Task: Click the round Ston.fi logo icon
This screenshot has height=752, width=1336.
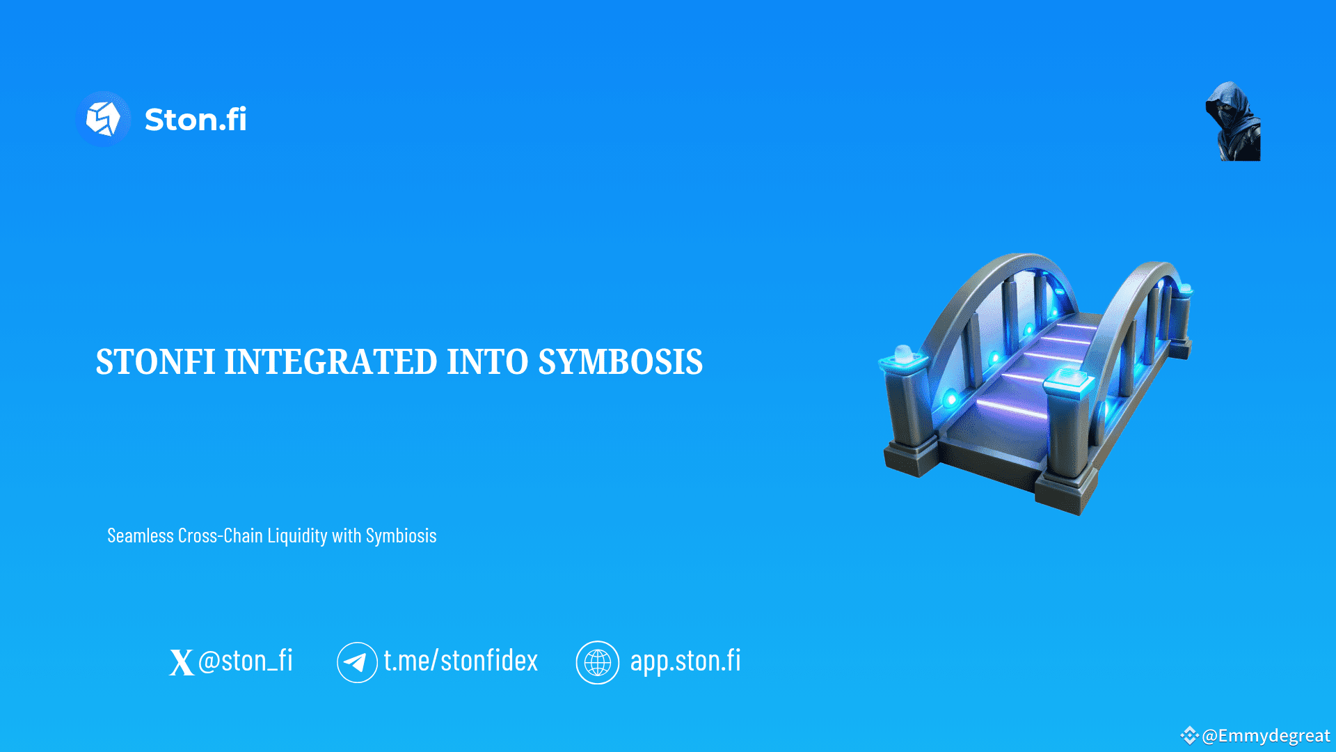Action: pos(103,119)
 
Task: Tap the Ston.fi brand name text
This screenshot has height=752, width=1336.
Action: pos(196,120)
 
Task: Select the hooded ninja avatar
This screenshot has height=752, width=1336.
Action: pos(1233,122)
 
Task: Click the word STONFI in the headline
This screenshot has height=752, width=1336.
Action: pos(155,362)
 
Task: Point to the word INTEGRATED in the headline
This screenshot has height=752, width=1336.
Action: pos(331,362)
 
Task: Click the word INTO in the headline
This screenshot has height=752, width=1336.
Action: pos(487,362)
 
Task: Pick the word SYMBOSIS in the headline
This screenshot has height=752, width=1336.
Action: pos(620,362)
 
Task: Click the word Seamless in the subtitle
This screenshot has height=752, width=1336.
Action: pos(141,535)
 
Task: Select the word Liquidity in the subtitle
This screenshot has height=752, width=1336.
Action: pos(297,536)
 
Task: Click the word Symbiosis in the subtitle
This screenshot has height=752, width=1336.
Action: pos(401,535)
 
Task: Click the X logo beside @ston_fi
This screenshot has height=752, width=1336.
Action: pos(181,662)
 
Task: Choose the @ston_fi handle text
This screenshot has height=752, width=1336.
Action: pos(246,661)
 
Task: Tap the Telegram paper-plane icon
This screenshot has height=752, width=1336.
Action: pos(357,662)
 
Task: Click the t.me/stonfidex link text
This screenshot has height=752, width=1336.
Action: pos(461,661)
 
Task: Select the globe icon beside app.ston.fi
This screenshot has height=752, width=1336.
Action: pos(597,662)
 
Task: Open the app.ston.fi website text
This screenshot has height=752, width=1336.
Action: pos(685,661)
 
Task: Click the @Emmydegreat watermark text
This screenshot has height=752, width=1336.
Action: pos(1266,736)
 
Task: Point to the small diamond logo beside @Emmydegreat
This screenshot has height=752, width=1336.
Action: pos(1189,735)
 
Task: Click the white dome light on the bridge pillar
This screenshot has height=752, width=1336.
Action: pos(903,352)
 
